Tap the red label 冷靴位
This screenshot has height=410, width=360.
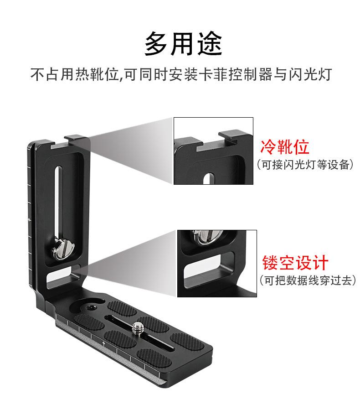pyautogui.click(x=284, y=147)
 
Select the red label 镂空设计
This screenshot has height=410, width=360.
pyautogui.click(x=295, y=263)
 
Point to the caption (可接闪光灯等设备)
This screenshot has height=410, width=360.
pyautogui.click(x=304, y=165)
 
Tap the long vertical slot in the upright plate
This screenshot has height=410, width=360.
pyautogui.click(x=58, y=201)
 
